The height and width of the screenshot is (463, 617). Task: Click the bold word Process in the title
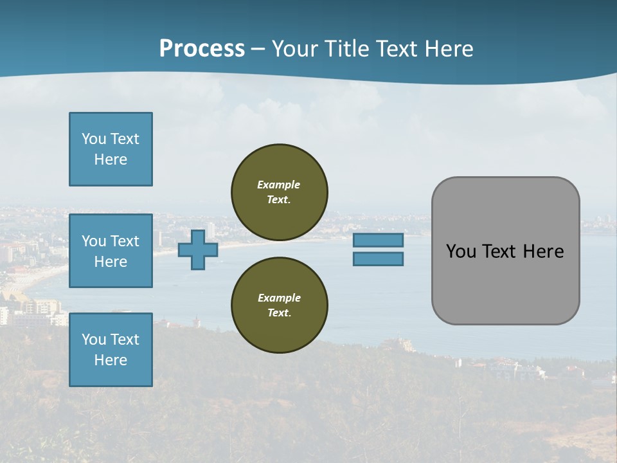point(202,49)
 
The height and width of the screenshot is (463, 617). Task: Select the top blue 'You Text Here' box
point(111,149)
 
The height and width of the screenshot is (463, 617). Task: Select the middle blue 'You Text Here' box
point(111,251)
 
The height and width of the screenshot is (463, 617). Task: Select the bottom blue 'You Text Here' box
point(111,350)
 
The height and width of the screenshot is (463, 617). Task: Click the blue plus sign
point(198,250)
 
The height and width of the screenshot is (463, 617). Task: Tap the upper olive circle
point(280,192)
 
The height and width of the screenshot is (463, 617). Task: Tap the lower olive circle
point(280,305)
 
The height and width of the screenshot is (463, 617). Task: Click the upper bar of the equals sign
point(378,241)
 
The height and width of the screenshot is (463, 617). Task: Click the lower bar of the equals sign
point(378,259)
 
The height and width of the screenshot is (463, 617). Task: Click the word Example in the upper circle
point(279,185)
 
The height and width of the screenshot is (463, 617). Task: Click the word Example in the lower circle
point(279,298)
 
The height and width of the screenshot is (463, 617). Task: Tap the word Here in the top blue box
point(111,159)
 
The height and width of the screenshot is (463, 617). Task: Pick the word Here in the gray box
point(543,251)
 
